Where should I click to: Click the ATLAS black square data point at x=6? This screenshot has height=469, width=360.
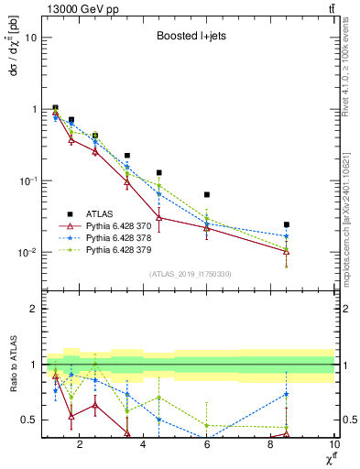[x=207, y=195]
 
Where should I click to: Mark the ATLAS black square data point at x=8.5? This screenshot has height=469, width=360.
[x=287, y=224]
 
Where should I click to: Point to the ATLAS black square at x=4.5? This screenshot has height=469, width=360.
[x=159, y=172]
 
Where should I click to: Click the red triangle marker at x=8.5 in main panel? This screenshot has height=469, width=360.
[x=287, y=251]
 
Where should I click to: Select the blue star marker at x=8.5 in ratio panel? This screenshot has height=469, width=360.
[x=287, y=394]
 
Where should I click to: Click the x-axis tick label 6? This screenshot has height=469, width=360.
[x=207, y=446]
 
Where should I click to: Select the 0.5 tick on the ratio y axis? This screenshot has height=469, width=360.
[x=27, y=420]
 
